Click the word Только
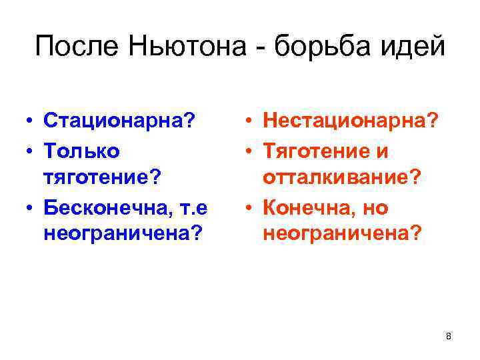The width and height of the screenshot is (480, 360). [81, 151]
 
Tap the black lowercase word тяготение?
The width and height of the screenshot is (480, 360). [102, 179]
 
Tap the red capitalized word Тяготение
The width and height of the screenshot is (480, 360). [316, 151]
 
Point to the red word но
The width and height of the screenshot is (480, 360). [376, 208]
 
